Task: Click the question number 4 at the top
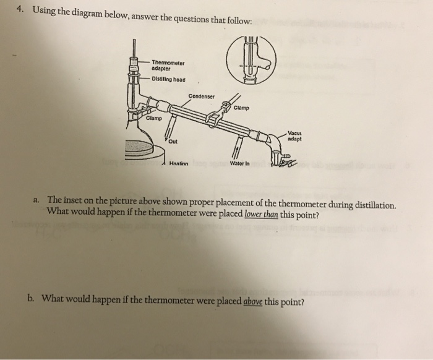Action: (x=20, y=11)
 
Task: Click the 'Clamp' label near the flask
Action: (x=137, y=118)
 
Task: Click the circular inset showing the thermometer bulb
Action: (x=251, y=61)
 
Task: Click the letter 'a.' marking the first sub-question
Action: (x=38, y=201)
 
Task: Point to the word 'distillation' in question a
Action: (x=372, y=205)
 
